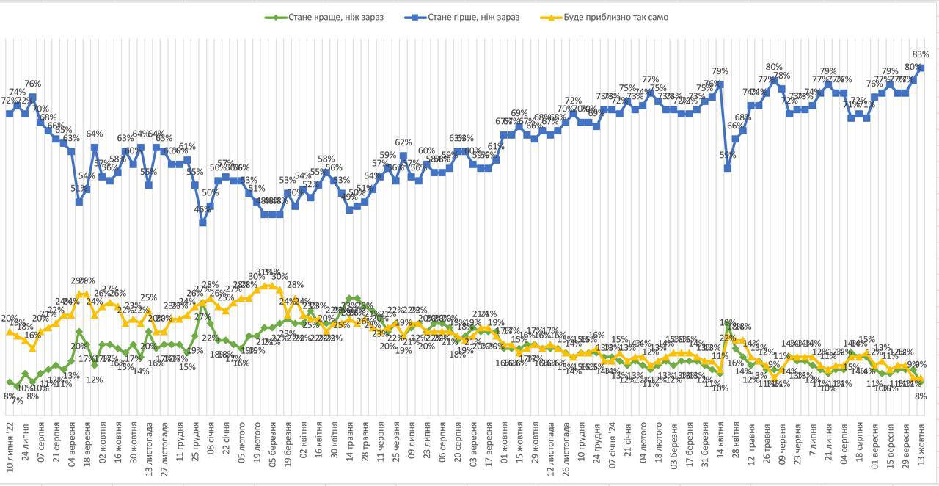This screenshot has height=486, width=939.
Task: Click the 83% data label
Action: click(x=921, y=54)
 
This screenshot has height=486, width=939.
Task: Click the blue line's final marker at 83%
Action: click(x=921, y=68)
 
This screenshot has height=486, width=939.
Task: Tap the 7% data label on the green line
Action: click(x=17, y=401)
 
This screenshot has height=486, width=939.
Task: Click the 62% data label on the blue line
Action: click(x=403, y=142)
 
